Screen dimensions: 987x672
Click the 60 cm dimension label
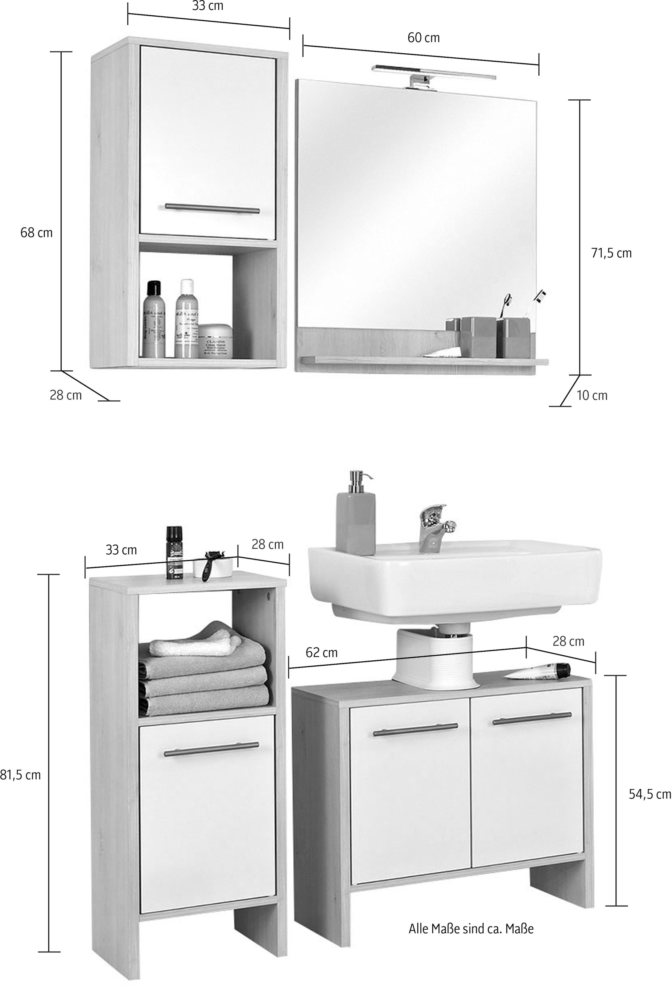point(423,38)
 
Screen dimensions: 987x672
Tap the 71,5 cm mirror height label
point(611,253)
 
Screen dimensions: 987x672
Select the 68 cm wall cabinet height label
point(36,233)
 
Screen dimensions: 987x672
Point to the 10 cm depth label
point(592,395)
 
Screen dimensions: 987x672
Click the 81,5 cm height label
point(20,775)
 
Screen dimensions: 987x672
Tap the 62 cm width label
point(322,652)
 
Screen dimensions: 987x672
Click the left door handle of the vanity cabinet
point(415,730)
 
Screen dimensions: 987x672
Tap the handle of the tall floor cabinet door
point(211,749)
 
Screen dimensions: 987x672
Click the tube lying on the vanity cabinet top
point(539,671)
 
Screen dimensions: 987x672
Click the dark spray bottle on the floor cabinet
point(174,552)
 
